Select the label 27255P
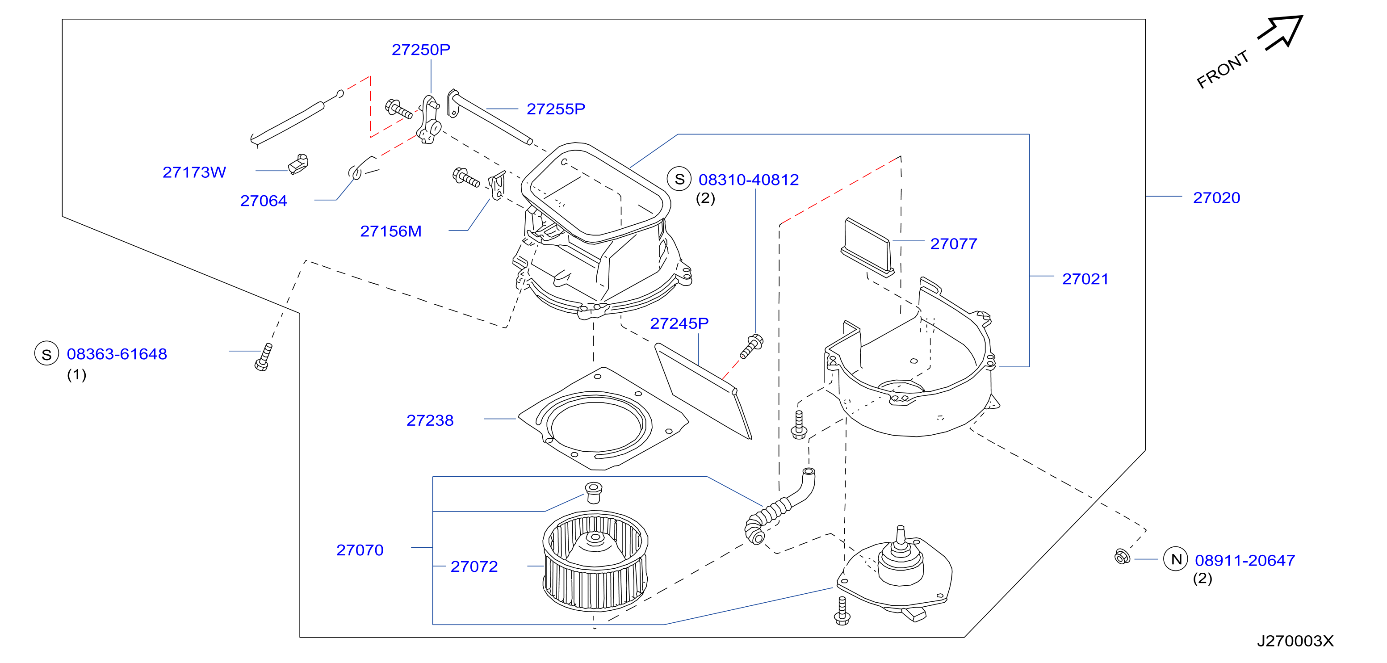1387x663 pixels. [556, 109]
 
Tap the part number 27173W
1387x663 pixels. [194, 172]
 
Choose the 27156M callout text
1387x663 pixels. [391, 231]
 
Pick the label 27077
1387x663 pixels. [954, 244]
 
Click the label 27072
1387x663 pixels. [474, 566]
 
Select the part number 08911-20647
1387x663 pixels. [1245, 560]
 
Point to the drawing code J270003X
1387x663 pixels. [1295, 641]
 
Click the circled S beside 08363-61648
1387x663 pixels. [47, 354]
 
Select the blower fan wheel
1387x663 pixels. [595, 560]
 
